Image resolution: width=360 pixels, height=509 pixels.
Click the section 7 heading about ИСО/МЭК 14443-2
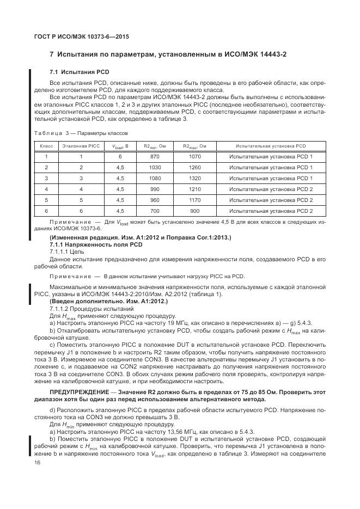click(x=176, y=54)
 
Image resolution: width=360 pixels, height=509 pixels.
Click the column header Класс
click(x=46, y=146)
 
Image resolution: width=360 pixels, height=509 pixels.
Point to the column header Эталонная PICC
click(x=81, y=146)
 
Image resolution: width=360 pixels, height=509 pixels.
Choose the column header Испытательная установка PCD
click(x=271, y=146)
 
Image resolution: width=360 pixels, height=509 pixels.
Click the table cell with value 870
click(x=154, y=156)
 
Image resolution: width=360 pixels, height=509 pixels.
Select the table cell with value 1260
click(x=194, y=167)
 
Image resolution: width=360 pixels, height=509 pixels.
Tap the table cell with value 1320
click(x=194, y=178)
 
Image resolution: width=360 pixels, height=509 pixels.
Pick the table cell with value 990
click(x=154, y=189)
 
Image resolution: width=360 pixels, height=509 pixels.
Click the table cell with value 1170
click(x=194, y=200)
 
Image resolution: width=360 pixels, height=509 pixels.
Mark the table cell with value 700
click(x=154, y=211)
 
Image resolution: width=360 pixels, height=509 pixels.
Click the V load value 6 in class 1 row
click(x=120, y=156)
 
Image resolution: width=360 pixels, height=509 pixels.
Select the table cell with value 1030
click(x=154, y=167)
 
